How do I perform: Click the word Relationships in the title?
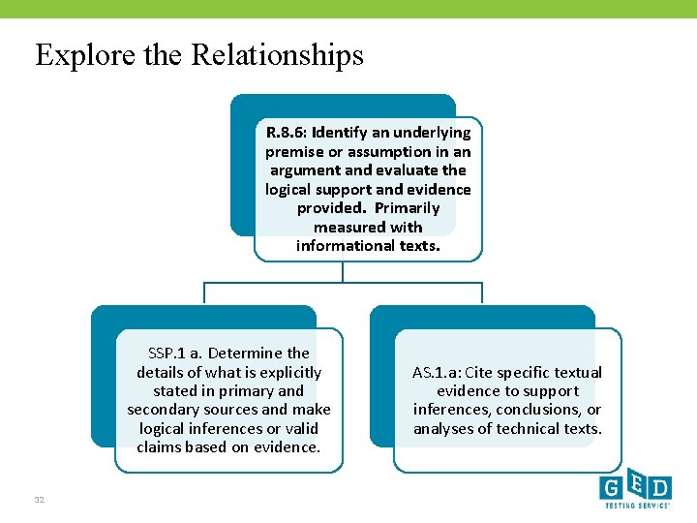point(277,54)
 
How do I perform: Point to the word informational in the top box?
point(343,246)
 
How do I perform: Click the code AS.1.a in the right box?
point(437,373)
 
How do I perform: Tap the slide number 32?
point(40,500)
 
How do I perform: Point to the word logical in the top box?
point(293,190)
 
